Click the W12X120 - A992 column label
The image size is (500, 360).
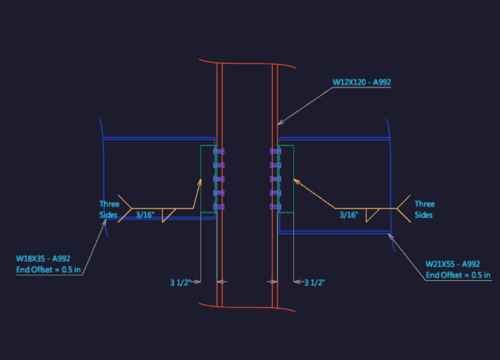362,82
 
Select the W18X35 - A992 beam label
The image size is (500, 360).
43,258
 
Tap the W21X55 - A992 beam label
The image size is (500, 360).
453,264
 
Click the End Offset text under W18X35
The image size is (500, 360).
48,270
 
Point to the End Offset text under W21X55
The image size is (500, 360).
458,275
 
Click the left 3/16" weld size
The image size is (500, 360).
145,215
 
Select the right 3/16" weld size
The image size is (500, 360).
349,215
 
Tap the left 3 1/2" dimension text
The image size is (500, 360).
181,282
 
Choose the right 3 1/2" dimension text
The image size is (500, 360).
315,282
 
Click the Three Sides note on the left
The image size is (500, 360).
109,210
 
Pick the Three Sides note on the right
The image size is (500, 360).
425,210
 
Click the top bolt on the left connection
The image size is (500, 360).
219,151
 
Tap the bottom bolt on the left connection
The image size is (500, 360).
219,207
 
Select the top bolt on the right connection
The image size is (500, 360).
275,151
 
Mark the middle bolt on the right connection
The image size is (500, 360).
275,179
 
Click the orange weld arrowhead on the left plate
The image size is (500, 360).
200,182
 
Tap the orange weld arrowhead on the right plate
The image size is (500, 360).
297,181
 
